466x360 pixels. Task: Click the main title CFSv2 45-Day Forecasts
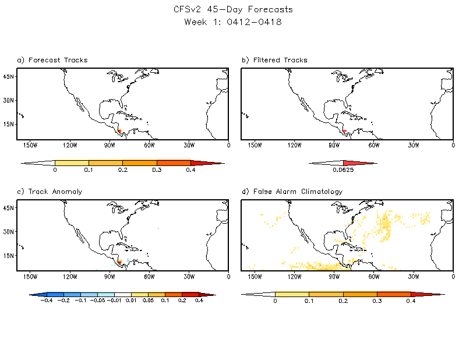click(x=233, y=10)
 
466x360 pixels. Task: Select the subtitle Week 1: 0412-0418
click(x=233, y=22)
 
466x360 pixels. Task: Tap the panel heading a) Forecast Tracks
click(x=52, y=60)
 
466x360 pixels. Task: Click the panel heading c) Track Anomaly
click(x=50, y=192)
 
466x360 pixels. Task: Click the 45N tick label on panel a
click(x=9, y=77)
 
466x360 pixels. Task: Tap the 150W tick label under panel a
click(x=30, y=145)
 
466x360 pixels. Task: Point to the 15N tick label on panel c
click(x=9, y=255)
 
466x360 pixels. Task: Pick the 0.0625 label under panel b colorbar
click(x=344, y=171)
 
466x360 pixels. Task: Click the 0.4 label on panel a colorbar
click(x=190, y=171)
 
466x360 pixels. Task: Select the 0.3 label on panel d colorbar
click(x=377, y=302)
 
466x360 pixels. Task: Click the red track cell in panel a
click(x=120, y=132)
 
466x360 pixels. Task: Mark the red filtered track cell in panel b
click(x=345, y=132)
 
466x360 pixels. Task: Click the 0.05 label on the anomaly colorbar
click(x=148, y=302)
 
